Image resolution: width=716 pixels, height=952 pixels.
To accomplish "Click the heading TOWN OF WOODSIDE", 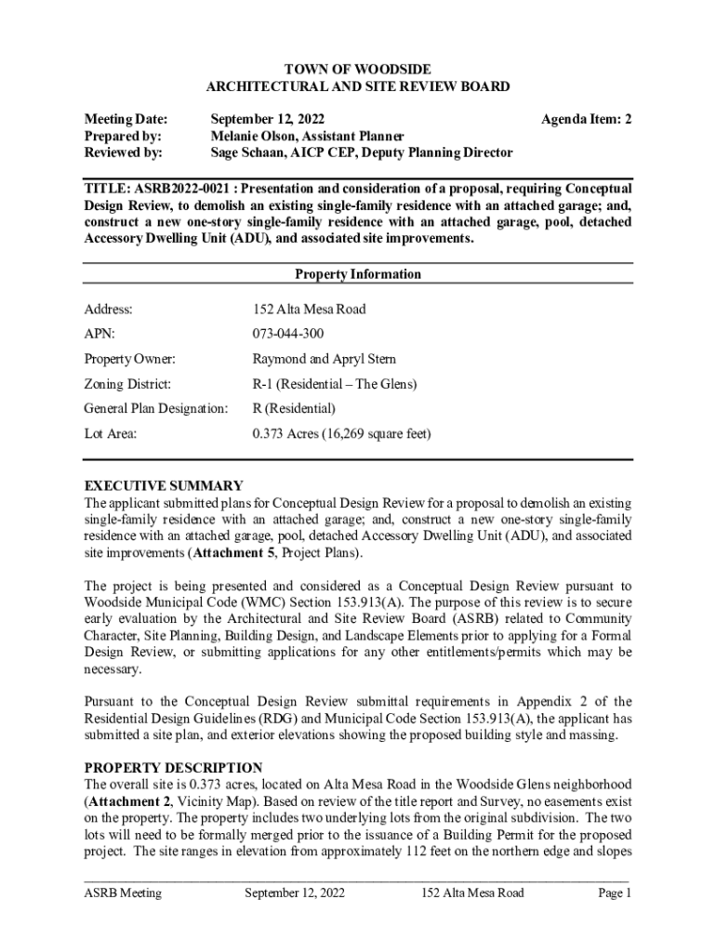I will tap(357, 70).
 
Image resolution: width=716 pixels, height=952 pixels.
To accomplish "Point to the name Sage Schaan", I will tap(248, 152).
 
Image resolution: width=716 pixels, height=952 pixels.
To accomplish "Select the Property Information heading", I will tap(357, 274).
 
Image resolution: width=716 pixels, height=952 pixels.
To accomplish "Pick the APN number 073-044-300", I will tap(288, 334).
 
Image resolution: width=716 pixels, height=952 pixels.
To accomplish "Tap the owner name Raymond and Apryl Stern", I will tap(324, 359).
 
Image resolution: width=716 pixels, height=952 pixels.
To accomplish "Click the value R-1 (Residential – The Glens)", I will tap(335, 384).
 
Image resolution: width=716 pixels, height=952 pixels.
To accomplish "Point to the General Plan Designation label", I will tap(155, 408).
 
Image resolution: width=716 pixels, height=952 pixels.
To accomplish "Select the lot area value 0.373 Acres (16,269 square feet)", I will tap(341, 433).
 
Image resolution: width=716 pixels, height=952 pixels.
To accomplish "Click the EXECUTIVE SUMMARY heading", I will tap(164, 485).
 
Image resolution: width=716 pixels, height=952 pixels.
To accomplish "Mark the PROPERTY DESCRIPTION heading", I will tap(173, 768).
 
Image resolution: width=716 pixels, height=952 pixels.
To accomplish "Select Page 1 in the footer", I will tap(614, 893).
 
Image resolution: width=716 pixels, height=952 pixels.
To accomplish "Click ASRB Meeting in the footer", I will tap(123, 893).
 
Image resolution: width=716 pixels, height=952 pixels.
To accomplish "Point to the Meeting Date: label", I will tap(126, 119).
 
